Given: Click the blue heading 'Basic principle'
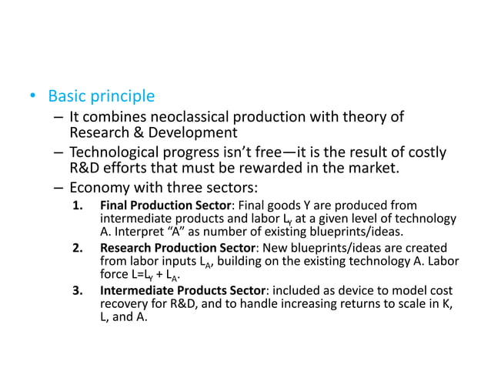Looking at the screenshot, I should [101, 97].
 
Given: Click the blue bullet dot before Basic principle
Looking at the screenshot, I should [32, 98].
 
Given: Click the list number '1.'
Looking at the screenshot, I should [77, 205].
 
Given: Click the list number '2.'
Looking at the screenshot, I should [77, 247].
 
